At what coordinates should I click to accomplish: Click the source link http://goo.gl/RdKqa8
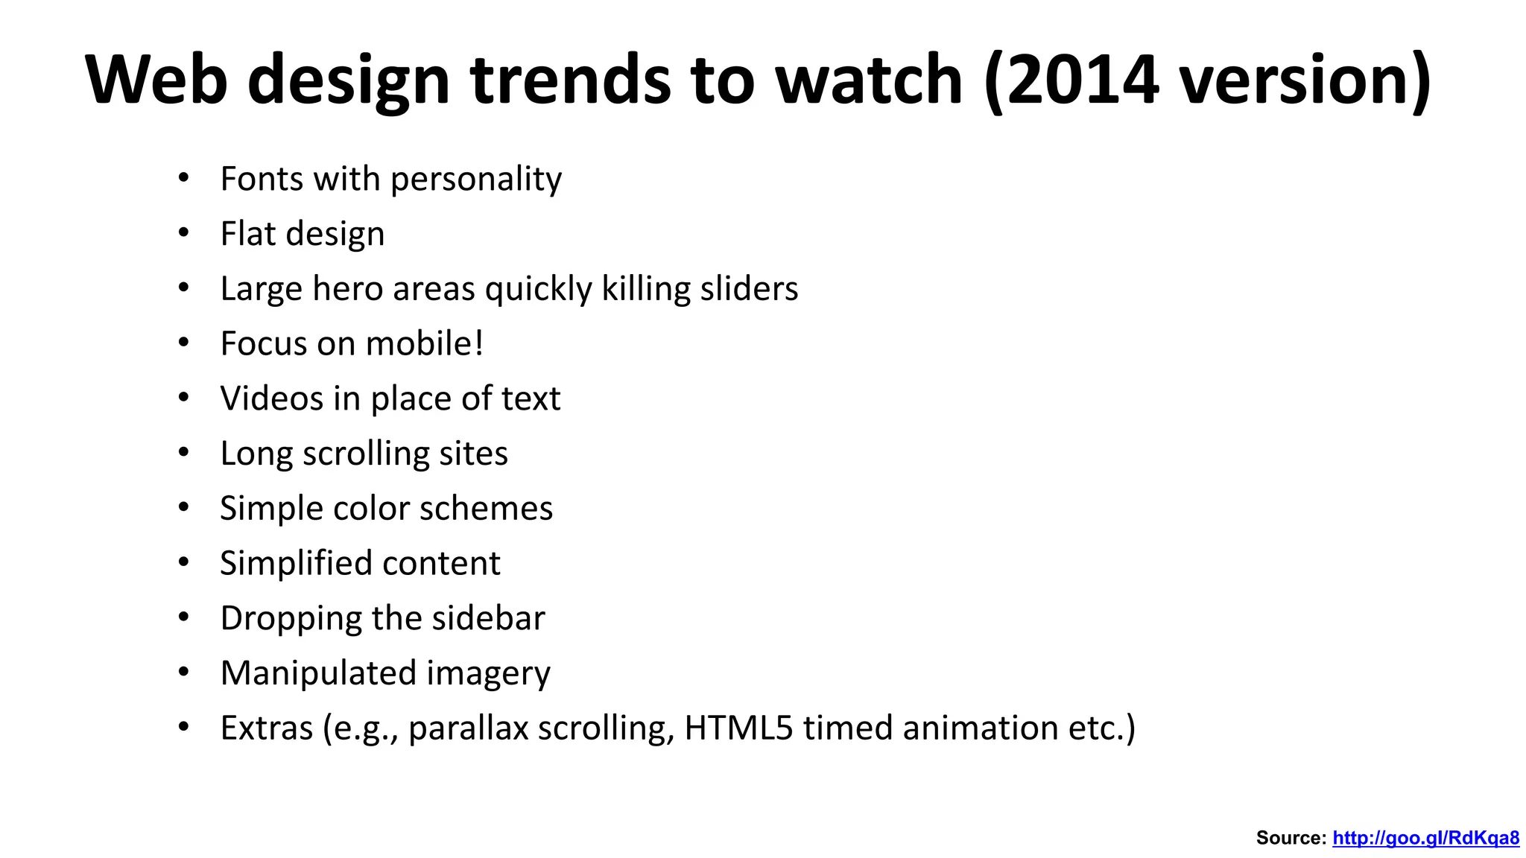[1425, 838]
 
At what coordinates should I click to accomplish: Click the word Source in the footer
[1291, 838]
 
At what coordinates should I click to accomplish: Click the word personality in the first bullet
[476, 179]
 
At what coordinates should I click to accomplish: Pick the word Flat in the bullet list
[249, 234]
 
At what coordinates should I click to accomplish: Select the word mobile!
[425, 343]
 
